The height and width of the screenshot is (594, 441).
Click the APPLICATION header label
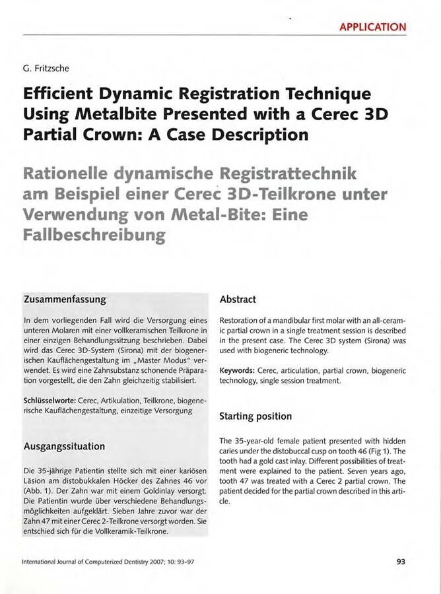click(x=373, y=27)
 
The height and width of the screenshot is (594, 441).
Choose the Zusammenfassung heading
click(x=65, y=300)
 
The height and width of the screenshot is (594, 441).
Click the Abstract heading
click(x=238, y=300)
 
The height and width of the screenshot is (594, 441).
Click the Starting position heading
click(x=255, y=416)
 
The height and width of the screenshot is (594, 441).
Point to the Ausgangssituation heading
click(x=64, y=446)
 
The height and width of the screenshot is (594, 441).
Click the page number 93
click(x=400, y=562)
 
